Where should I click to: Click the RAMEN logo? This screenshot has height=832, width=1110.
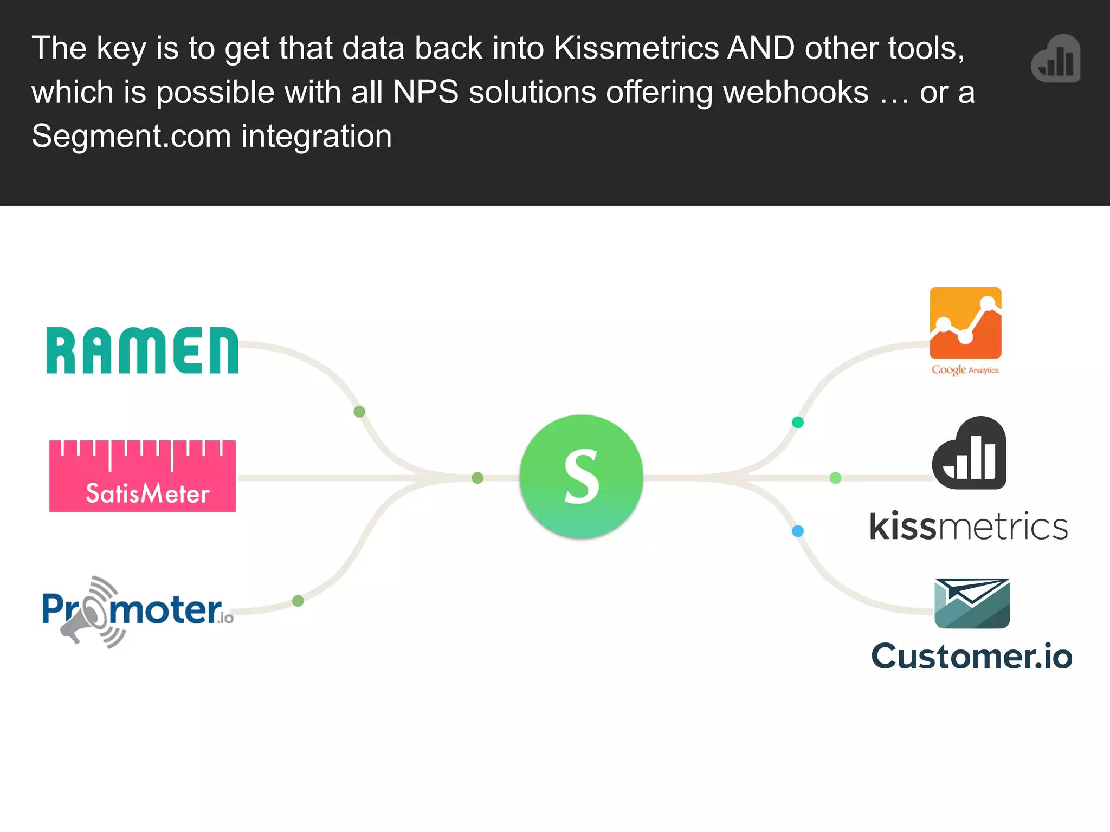point(142,350)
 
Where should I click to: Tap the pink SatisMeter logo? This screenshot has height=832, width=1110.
point(143,476)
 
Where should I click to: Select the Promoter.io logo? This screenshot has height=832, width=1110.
point(138,610)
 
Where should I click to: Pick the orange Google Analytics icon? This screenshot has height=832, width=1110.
point(965,323)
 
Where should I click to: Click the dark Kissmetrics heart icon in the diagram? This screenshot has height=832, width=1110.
point(969,454)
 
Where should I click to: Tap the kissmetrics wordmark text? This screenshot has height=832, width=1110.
point(969,526)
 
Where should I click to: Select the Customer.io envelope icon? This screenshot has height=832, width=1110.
point(972,603)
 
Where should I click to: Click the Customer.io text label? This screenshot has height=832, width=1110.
point(971,656)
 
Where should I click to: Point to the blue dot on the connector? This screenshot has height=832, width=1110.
point(797,531)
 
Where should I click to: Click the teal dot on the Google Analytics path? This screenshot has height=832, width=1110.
point(797,422)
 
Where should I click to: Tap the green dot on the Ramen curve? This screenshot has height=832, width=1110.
point(359,412)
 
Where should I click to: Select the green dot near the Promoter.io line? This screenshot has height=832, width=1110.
point(298,600)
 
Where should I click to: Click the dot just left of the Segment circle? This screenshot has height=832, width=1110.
point(477,478)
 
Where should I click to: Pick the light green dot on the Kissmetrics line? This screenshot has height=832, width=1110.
point(835,478)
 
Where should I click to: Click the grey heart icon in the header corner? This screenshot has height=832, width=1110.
point(1056,58)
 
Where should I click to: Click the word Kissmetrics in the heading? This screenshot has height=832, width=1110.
point(636,49)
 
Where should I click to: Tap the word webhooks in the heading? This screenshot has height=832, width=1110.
point(796,93)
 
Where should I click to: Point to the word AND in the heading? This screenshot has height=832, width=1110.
point(760,49)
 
